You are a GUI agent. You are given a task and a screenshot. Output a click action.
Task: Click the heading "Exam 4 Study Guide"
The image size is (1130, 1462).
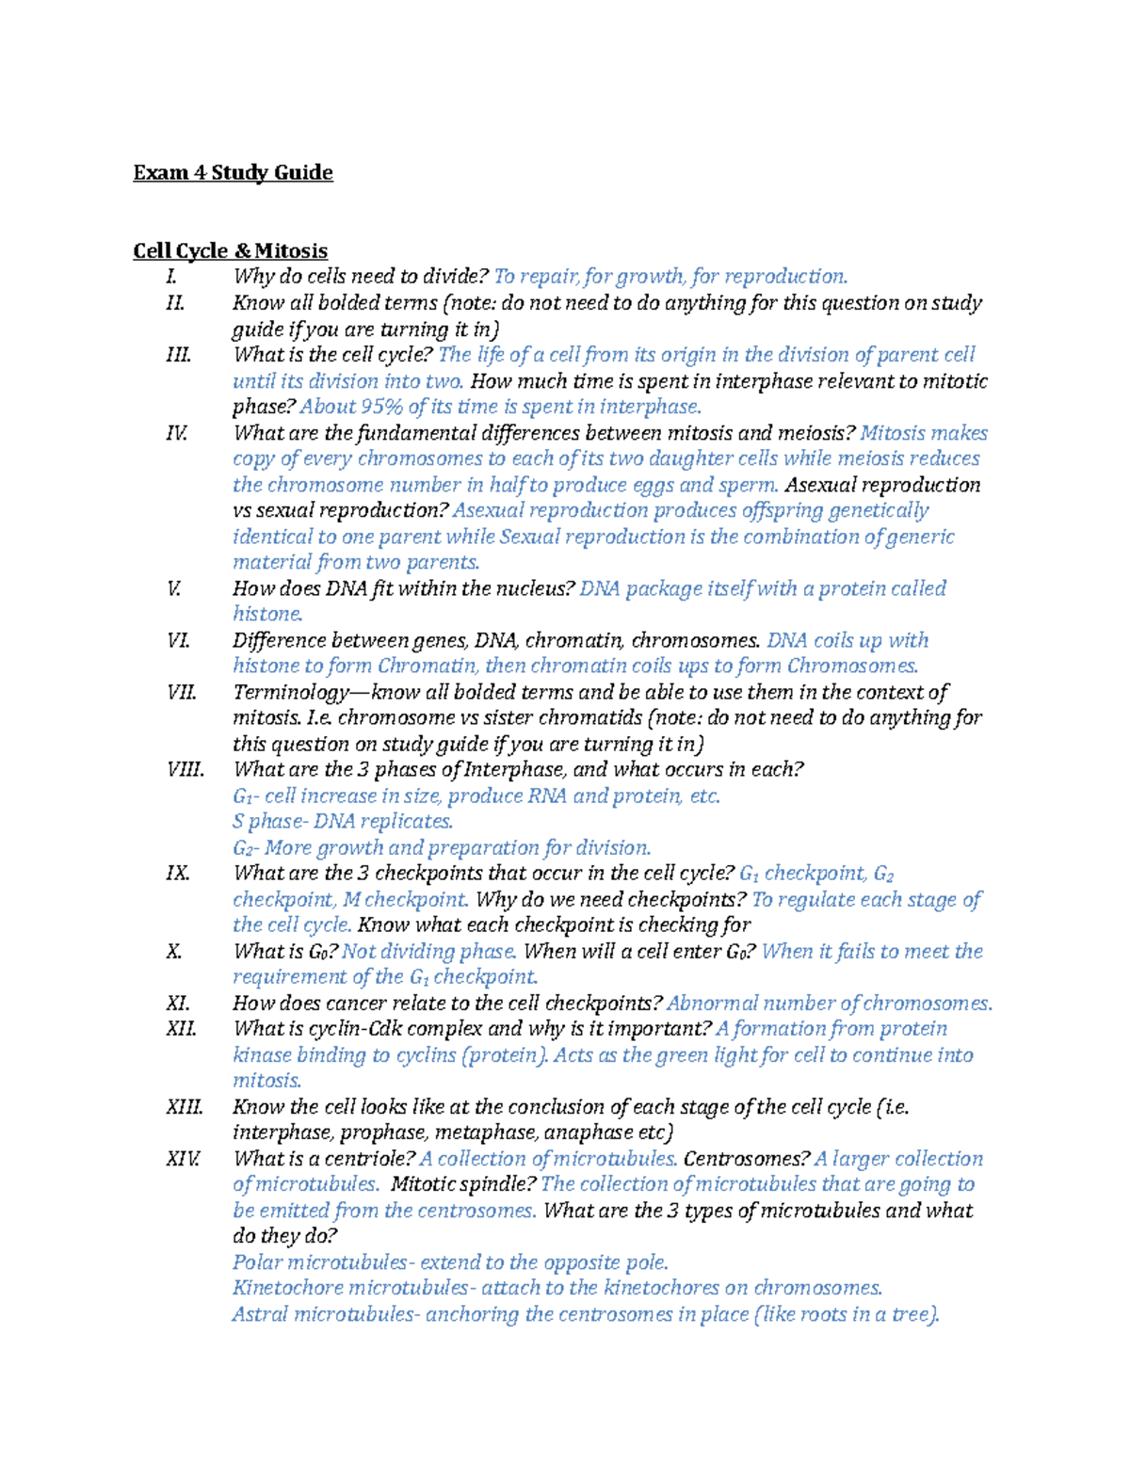pyautogui.click(x=233, y=172)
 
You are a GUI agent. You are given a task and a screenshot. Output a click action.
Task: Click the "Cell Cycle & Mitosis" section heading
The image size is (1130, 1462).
pyautogui.click(x=230, y=250)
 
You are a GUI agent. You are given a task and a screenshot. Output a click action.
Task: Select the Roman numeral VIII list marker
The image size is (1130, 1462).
pyautogui.click(x=185, y=770)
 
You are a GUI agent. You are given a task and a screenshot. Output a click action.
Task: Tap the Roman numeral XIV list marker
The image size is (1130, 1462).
pyautogui.click(x=183, y=1159)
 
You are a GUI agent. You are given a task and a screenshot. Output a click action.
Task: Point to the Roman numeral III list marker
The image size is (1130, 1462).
pyautogui.click(x=178, y=355)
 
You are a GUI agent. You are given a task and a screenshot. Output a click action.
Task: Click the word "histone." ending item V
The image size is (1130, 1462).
pyautogui.click(x=267, y=614)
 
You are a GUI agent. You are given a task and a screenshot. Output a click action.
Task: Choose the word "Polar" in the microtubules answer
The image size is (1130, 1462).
pyautogui.click(x=256, y=1262)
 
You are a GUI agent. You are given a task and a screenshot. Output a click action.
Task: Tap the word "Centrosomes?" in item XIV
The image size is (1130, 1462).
pyautogui.click(x=746, y=1159)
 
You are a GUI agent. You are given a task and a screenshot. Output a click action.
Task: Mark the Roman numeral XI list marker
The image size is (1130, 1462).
pyautogui.click(x=178, y=1004)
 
